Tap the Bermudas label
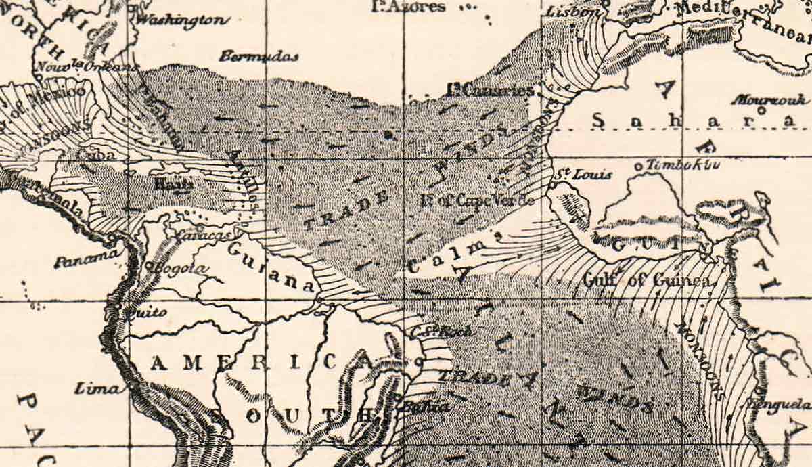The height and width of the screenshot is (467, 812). pyautogui.click(x=258, y=56)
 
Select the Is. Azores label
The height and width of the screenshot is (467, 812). pyautogui.click(x=409, y=7)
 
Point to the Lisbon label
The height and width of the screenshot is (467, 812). pyautogui.click(x=572, y=12)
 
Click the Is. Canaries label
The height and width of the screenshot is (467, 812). pyautogui.click(x=490, y=89)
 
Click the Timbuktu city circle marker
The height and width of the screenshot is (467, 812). pyautogui.click(x=638, y=166)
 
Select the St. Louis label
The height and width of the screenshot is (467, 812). pyautogui.click(x=583, y=175)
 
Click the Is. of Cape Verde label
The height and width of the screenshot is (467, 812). pyautogui.click(x=477, y=200)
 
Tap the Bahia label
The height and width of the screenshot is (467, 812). pyautogui.click(x=424, y=407)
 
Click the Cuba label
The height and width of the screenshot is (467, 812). pyautogui.click(x=95, y=154)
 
